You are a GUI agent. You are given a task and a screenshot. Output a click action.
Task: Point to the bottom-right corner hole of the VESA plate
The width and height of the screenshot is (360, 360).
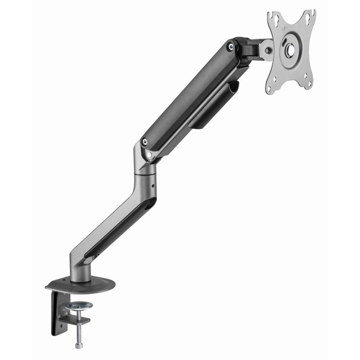tap(309, 83)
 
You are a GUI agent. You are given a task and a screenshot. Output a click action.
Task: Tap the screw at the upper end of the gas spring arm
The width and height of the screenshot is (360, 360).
tap(230, 47)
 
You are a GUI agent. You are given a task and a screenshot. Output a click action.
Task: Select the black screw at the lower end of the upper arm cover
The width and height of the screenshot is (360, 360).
tap(145, 142)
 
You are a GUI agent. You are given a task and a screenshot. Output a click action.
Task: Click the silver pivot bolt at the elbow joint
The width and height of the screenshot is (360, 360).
tap(149, 154)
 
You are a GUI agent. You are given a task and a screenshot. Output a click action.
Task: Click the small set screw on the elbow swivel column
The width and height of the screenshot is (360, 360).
tap(153, 189)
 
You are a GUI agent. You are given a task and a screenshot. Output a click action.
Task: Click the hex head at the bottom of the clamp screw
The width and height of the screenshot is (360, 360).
tap(78, 344)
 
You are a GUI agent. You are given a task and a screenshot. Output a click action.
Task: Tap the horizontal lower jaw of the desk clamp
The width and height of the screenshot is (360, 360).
tap(75, 320)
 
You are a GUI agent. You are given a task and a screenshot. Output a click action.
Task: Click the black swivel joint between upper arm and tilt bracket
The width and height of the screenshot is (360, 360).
tap(247, 50)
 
